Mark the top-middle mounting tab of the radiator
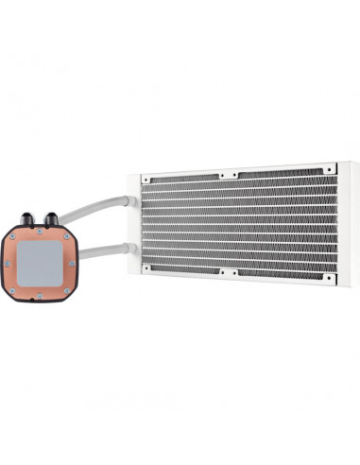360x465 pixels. (227, 175)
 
